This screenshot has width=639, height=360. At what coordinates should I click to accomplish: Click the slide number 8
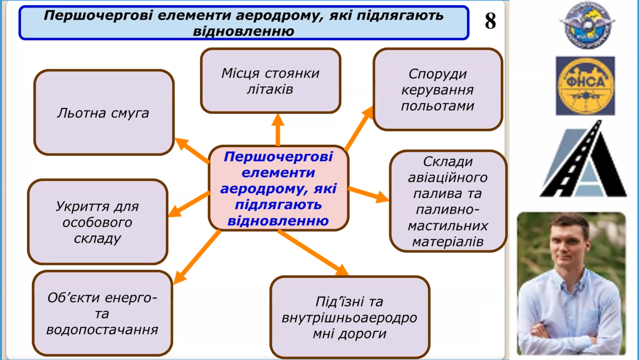tap(490, 22)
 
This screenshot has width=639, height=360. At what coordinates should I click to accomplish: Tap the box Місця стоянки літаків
tap(270, 81)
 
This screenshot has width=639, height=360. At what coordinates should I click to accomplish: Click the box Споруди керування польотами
tap(437, 90)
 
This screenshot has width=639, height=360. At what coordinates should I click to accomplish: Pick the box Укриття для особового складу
tap(97, 222)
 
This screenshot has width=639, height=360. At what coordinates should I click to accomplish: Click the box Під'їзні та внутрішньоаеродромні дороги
tap(350, 317)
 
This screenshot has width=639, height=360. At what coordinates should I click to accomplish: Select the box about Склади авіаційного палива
tap(448, 201)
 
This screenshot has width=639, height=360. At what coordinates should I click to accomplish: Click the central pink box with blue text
tap(278, 189)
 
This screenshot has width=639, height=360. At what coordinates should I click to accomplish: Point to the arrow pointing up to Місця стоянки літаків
tap(278, 129)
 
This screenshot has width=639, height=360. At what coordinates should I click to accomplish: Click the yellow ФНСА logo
tap(585, 86)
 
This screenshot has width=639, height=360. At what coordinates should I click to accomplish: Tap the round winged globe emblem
tap(587, 25)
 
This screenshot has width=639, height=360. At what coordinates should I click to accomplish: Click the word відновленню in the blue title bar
tap(244, 31)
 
